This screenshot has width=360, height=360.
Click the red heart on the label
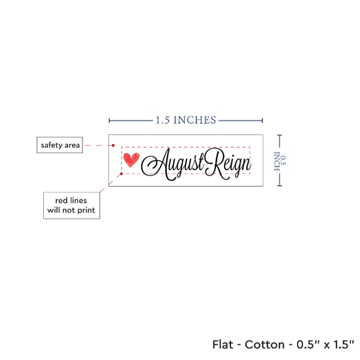pos(132,160)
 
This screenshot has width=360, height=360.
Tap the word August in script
pos(173,164)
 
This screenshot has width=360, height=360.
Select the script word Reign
pos(228,164)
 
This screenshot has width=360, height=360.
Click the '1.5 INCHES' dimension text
pos(186,120)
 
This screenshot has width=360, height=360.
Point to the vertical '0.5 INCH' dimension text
pos(280,161)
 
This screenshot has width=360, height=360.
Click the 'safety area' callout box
pos(60,145)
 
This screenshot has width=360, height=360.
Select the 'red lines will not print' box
pos(71,206)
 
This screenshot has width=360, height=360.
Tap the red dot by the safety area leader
pos(113,145)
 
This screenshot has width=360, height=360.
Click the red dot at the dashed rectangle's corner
pos(122,174)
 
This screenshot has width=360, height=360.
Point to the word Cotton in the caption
pos(264,344)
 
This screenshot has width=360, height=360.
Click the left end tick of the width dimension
pos(109,120)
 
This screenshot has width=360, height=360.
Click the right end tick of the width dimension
pos(262,120)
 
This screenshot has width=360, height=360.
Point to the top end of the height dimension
pos(279,135)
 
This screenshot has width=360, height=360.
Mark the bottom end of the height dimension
pos(279,185)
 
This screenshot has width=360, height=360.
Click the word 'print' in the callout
pos(86,210)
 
